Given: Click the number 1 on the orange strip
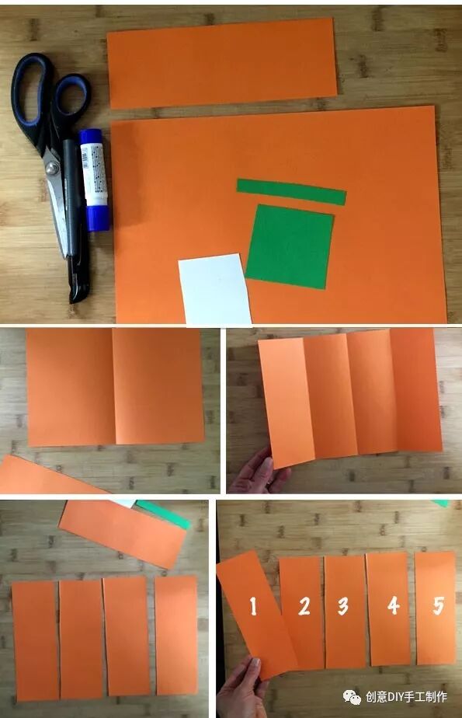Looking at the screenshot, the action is [253, 606].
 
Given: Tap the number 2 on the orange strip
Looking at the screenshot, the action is [304, 606].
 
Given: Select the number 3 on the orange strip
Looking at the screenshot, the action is [343, 606].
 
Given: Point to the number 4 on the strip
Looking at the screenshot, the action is [394, 605].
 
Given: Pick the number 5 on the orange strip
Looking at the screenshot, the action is [438, 605].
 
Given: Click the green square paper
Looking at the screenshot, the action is [290, 246].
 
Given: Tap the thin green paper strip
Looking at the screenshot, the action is [291, 192].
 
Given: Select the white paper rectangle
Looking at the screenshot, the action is [214, 289].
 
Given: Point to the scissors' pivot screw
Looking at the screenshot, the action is [53, 168].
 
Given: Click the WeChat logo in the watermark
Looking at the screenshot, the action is [352, 697].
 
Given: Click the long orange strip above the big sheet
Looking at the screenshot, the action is [222, 63].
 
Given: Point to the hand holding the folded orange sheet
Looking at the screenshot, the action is [256, 472].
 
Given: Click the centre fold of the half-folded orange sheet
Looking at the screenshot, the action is [113, 387].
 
